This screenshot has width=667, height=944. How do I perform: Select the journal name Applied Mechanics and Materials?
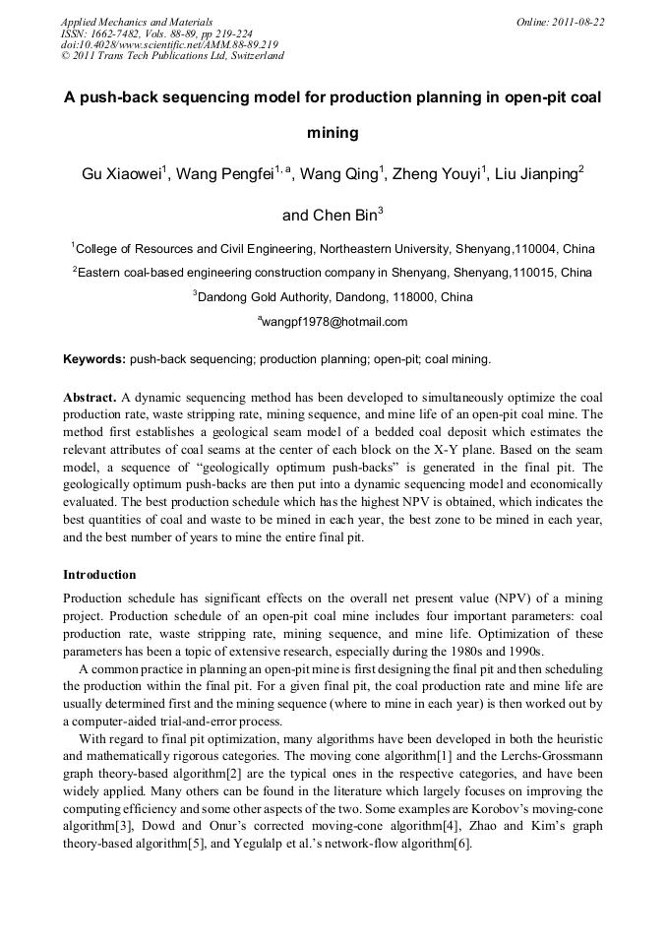coord(136,21)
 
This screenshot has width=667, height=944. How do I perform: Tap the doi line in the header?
coord(169,44)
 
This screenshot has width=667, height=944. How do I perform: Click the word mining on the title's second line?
coord(333,132)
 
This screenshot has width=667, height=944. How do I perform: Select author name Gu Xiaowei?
coord(121,175)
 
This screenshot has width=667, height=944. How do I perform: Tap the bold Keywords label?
coord(94,360)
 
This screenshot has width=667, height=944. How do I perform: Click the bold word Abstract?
coord(90,398)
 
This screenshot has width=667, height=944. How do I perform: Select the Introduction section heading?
coord(99,575)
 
